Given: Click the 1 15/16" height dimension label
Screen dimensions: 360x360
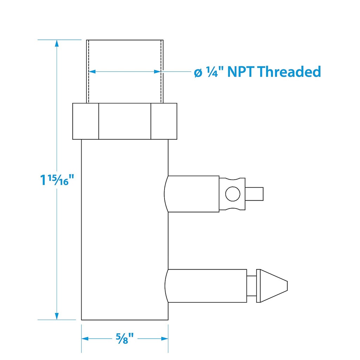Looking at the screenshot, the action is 57,180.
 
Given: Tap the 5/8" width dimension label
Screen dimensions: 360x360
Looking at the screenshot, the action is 125,339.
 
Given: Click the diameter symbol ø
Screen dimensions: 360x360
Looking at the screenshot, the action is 198,73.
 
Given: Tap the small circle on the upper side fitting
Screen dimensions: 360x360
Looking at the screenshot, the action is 233,194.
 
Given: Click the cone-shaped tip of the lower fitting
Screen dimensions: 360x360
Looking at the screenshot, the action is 274,286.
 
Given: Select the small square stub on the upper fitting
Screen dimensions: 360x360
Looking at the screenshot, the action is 254,194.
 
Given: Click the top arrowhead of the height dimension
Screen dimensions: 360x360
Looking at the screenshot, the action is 57,43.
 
